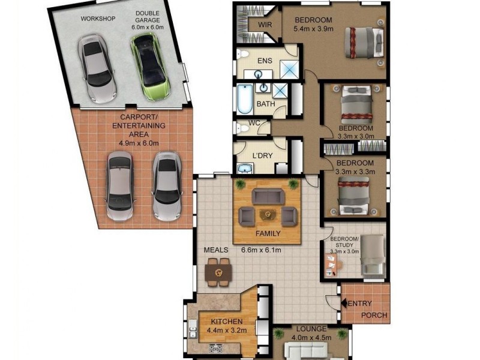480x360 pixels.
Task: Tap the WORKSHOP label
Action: tap(98, 19)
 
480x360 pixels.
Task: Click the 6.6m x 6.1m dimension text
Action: tap(262, 250)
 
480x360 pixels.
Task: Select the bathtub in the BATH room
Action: tap(245, 100)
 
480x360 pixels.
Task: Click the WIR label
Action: tap(265, 25)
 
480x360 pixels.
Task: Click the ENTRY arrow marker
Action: tap(344, 304)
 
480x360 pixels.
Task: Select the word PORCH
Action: tap(374, 316)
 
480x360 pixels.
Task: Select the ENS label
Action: tap(265, 61)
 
